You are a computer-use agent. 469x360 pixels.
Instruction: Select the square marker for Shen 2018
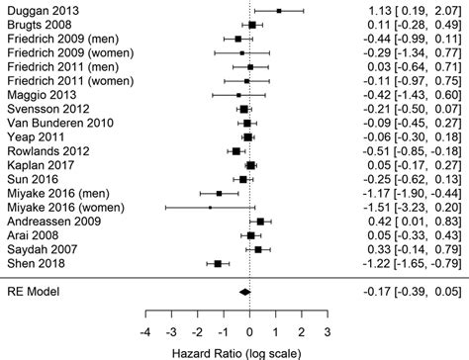point(218,264)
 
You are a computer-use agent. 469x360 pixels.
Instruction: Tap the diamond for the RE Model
point(243,292)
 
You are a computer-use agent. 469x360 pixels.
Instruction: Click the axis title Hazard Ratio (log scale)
point(234,352)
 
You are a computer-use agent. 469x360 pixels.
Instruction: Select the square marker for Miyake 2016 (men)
point(219,194)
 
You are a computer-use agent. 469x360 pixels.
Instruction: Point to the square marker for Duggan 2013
point(278,10)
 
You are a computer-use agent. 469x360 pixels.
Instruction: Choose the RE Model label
point(32,292)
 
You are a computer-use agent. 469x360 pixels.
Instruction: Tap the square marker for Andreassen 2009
point(259,222)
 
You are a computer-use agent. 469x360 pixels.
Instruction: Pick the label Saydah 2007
point(37,250)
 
